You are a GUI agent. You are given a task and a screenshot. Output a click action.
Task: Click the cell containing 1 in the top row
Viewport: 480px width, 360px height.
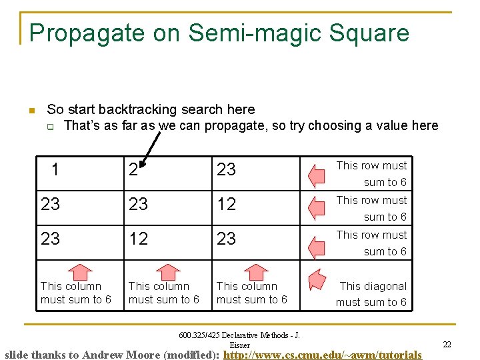[x=55, y=170]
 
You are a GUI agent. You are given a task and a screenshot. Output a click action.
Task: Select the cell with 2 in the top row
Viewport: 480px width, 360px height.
[x=133, y=170]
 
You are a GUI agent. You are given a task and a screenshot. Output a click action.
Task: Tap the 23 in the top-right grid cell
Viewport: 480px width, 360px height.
[x=226, y=170]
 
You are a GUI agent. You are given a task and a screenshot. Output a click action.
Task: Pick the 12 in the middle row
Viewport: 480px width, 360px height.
[x=226, y=205]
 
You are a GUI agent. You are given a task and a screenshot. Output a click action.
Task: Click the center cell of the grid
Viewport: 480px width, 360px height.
[x=138, y=205]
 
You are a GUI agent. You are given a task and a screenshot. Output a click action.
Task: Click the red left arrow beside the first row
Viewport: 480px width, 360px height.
[x=316, y=175]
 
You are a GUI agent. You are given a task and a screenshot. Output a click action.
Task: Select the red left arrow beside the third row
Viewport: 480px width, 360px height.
[x=316, y=243]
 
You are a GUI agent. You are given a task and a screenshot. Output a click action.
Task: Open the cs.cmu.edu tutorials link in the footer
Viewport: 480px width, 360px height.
[x=323, y=355]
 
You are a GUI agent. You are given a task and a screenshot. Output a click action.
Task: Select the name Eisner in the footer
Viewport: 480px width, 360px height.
[x=240, y=345]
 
